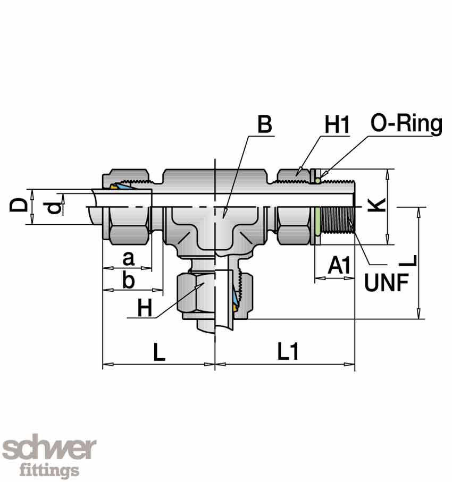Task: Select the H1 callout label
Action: tap(337, 125)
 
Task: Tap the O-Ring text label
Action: tap(406, 124)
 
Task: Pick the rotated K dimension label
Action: tap(376, 205)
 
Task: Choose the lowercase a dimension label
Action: tap(128, 259)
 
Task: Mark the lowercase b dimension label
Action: tap(128, 280)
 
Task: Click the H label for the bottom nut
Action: tap(144, 308)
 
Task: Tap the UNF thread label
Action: tap(386, 283)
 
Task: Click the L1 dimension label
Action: tap(288, 351)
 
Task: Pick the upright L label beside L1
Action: tap(159, 352)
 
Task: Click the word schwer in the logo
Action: tap(50, 449)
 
